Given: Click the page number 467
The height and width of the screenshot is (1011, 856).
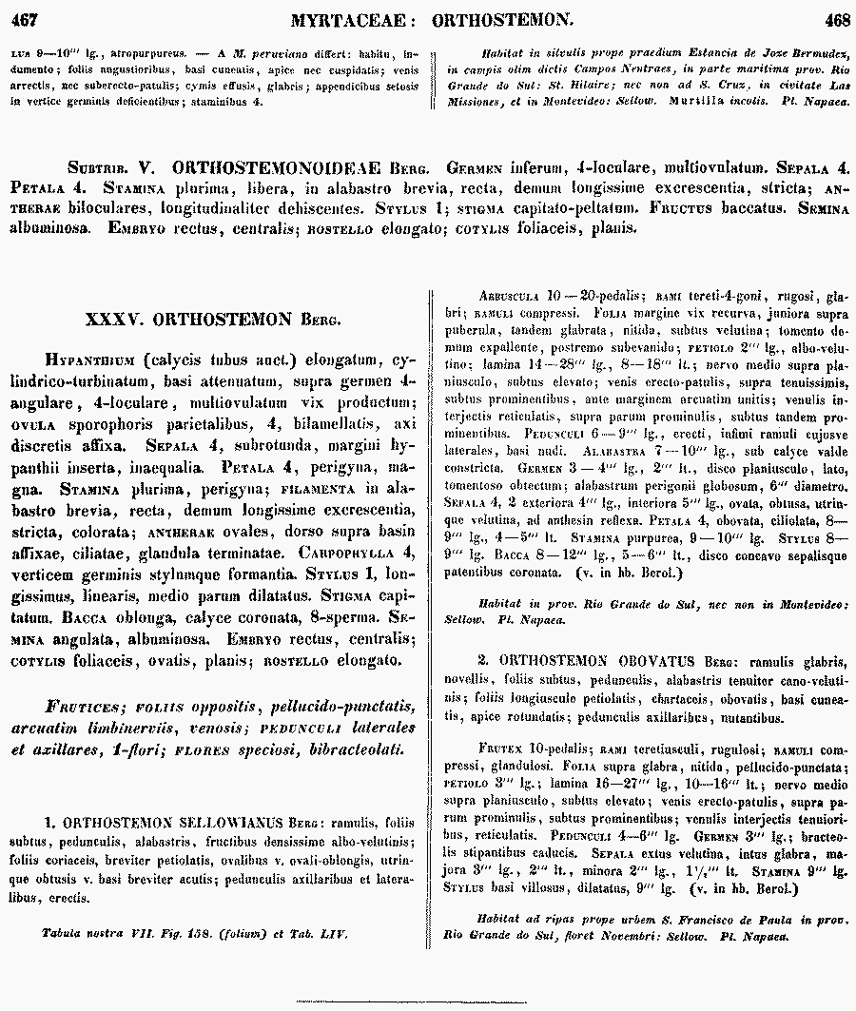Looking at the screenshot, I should pos(22,16).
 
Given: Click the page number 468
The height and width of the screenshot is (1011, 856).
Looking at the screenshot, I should pos(837,16).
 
